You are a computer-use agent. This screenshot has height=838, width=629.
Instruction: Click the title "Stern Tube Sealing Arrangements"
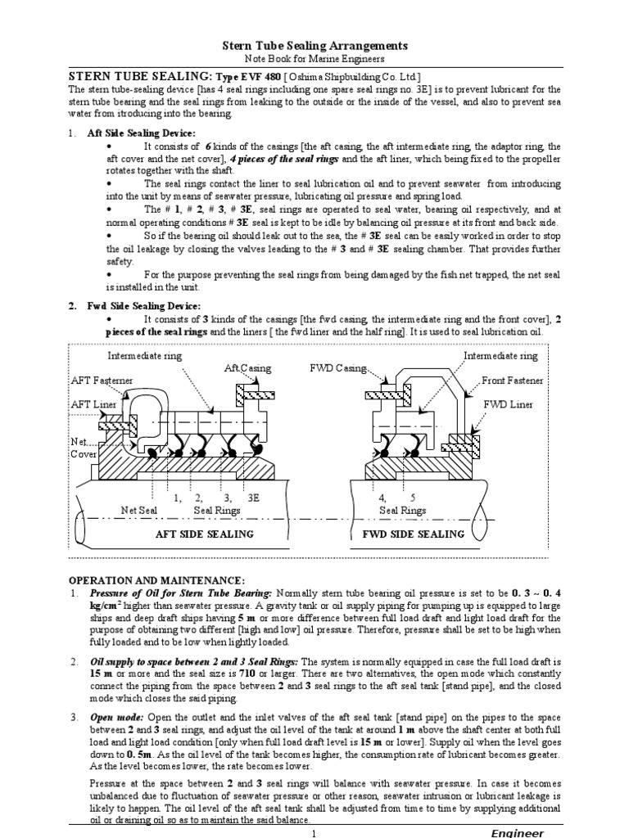[315, 46]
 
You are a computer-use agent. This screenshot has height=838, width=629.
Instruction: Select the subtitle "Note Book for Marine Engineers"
[315, 60]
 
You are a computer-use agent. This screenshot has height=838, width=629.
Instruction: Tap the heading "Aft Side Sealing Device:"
[141, 133]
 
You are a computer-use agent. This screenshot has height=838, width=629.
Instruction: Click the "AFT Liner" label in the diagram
[93, 405]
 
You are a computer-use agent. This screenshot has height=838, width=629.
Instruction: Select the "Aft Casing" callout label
[247, 369]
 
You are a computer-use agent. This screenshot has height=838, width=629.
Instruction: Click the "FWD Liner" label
[509, 404]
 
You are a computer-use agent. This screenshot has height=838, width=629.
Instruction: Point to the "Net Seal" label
[139, 510]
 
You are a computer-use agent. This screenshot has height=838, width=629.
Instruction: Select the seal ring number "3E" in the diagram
[255, 497]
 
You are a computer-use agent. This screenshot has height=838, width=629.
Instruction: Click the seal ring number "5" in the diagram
[413, 497]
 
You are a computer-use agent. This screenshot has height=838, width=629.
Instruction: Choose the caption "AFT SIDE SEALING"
[205, 534]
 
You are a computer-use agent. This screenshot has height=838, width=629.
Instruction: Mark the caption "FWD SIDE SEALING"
[414, 534]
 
